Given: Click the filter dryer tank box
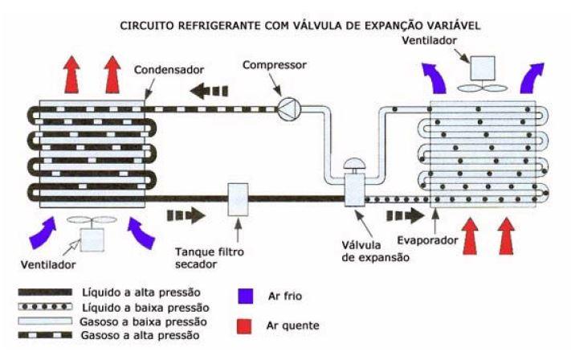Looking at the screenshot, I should click(x=239, y=199).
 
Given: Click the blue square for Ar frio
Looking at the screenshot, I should click(x=246, y=296).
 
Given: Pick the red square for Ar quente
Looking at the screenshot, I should click(x=246, y=325).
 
